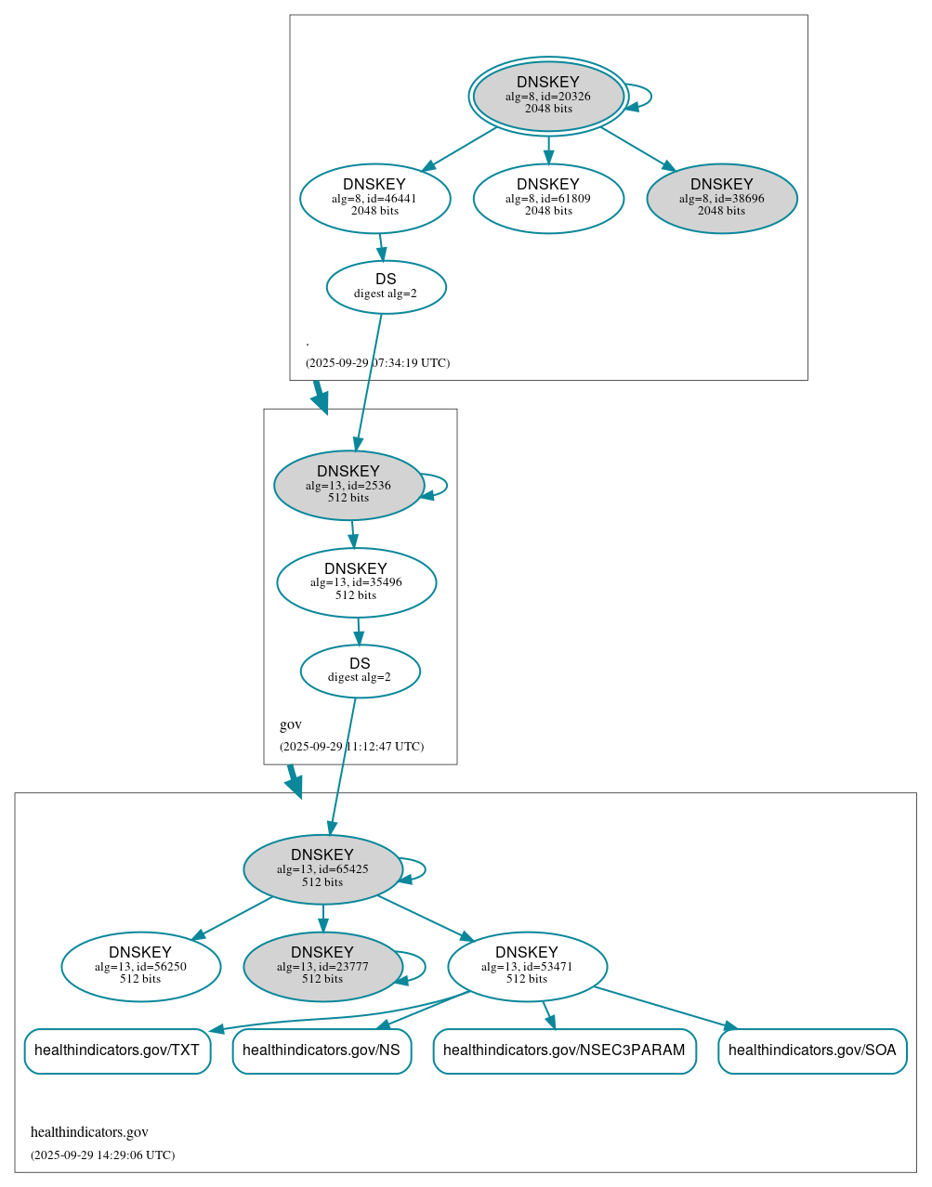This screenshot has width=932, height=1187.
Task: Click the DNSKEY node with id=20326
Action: pos(548,96)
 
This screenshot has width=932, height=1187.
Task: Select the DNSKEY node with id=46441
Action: pos(374,198)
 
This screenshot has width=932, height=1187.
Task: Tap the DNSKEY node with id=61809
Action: pos(548,198)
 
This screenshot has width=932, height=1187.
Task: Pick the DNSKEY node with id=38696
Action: pos(722,198)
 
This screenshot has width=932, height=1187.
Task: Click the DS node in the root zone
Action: pos(386,287)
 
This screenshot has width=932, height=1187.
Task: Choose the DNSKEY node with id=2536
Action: pos(348,485)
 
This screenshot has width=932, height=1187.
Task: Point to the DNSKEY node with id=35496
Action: pos(356,582)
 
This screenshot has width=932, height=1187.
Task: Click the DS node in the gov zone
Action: pos(360,671)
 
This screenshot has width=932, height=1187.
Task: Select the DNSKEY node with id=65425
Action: pos(322,869)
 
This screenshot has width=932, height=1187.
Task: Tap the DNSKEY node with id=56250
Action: pos(140,966)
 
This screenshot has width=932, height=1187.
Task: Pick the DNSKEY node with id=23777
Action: pos(322,966)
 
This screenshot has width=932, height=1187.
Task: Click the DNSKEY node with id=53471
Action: pos(527,966)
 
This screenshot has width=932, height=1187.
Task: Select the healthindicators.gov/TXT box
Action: pos(117,1050)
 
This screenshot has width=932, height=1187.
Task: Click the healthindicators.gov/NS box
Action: pos(322,1050)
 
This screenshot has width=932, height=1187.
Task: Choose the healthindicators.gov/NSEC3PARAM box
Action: pos(564,1050)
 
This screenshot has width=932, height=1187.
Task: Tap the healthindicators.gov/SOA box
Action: pos(812,1050)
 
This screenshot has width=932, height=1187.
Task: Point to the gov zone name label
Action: pos(291,724)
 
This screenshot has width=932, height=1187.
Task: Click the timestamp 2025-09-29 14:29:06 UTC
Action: pos(102,1155)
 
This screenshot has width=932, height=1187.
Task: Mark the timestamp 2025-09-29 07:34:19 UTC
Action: pos(377,363)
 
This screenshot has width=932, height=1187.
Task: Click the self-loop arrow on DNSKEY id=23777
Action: pos(425,966)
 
